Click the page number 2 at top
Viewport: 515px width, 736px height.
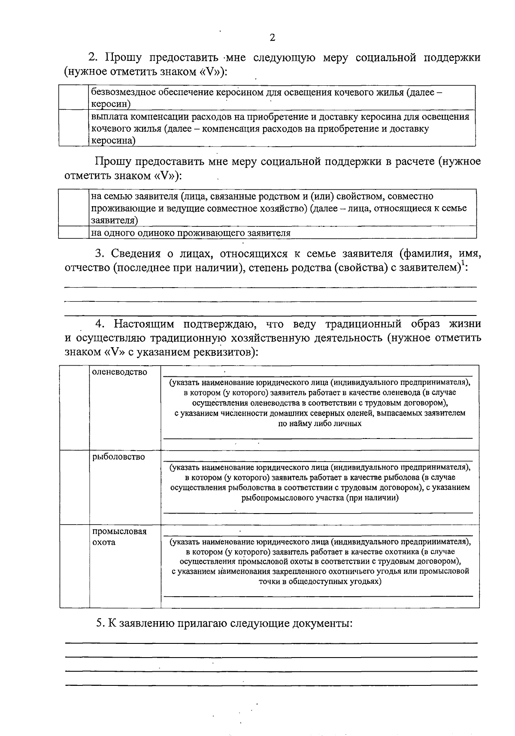(272, 38)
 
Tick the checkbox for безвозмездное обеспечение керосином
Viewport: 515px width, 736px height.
(74, 98)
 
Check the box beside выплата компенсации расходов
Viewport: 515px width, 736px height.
(74, 128)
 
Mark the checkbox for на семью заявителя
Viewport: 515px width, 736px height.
(74, 207)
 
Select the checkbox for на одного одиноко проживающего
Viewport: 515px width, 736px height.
(74, 233)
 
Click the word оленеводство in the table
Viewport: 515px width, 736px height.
(120, 372)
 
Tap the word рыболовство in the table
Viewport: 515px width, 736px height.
(119, 457)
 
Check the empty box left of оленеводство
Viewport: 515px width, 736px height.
(74, 407)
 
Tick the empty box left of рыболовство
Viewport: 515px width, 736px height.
(74, 487)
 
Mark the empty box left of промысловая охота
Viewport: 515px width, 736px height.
(74, 566)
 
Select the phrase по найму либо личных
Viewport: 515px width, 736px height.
(320, 424)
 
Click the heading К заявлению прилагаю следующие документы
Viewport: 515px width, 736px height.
(224, 623)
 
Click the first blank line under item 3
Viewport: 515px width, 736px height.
(270, 286)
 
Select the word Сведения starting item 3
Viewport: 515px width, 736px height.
(136, 254)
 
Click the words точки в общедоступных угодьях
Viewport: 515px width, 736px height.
(320, 582)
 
